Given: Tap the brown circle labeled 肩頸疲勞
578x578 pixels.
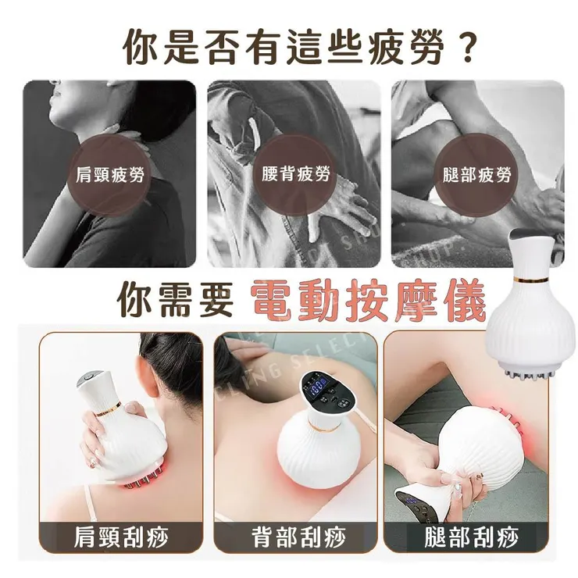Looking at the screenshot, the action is pyautogui.click(x=109, y=175).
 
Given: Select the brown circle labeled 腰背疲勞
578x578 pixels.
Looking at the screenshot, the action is pyautogui.click(x=295, y=175).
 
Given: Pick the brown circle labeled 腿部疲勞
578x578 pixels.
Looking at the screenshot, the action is pyautogui.click(x=477, y=175).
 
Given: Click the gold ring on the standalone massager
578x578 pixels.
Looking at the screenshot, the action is pyautogui.click(x=532, y=277).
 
